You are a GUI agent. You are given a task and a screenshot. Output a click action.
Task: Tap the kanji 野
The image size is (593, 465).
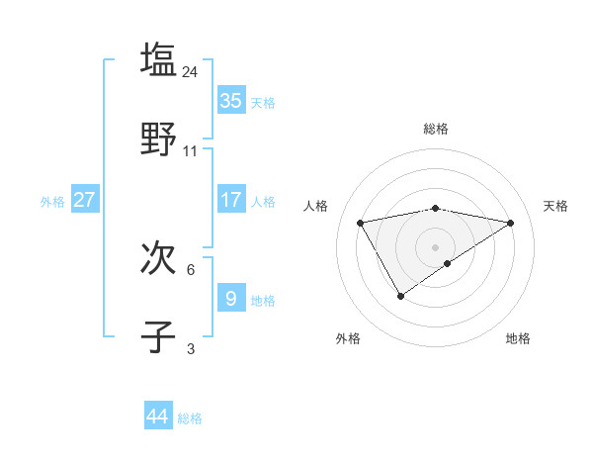point(158,139)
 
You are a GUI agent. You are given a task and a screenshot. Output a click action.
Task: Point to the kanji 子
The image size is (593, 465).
point(158,336)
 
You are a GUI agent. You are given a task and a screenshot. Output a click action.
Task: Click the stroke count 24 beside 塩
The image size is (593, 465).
point(191,71)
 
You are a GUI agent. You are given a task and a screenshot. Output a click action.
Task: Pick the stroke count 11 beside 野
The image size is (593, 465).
point(191,151)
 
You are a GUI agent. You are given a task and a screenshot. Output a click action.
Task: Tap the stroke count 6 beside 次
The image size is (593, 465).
point(191,269)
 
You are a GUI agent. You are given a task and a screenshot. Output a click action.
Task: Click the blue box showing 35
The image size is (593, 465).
point(231,100)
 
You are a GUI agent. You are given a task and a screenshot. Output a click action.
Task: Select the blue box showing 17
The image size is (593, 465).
point(231,199)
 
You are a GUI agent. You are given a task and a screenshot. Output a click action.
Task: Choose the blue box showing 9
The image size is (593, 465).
point(231,298)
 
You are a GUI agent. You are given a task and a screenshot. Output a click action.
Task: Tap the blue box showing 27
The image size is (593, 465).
point(84,199)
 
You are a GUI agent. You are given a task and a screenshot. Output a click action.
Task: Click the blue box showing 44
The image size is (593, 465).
point(158,417)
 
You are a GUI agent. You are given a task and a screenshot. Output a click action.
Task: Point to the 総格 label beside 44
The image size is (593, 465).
point(190,418)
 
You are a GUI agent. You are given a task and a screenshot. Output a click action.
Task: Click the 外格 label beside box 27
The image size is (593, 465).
point(52,202)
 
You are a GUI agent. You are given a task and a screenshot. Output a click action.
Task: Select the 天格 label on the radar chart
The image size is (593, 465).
point(555,206)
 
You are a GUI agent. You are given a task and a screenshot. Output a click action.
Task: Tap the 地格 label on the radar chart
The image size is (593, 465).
point(518,338)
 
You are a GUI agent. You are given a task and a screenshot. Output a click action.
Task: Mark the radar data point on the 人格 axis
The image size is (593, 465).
point(361,222)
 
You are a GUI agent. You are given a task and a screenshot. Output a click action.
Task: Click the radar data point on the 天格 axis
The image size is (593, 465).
point(510,223)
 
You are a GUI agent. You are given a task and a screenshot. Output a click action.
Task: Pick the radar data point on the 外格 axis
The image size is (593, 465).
point(400,295)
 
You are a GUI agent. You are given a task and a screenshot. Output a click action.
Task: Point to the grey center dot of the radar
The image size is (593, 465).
point(436,246)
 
